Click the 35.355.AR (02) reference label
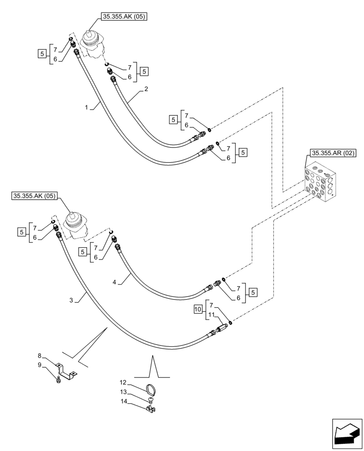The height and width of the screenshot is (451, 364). click(x=332, y=153)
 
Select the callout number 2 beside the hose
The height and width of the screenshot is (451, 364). click(x=146, y=90)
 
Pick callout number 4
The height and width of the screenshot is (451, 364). click(x=114, y=282)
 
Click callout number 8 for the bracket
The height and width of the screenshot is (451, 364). click(x=40, y=356)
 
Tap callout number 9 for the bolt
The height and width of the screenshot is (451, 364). click(x=40, y=365)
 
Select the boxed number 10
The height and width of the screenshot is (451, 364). click(x=198, y=309)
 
